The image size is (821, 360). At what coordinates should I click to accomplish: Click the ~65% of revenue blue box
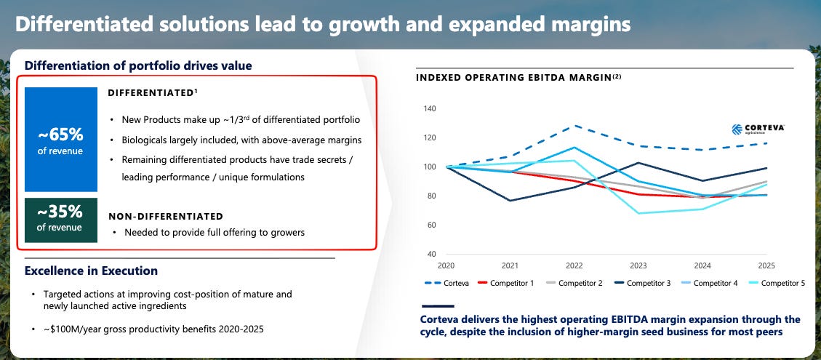tap(61, 140)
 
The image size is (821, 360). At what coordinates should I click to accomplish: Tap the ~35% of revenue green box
tap(61, 220)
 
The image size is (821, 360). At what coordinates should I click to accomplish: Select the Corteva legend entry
tap(446, 283)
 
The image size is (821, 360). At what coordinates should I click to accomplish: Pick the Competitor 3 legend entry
tap(641, 283)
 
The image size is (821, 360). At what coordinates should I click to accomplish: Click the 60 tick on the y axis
tap(431, 225)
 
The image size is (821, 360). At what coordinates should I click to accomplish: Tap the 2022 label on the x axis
tap(574, 265)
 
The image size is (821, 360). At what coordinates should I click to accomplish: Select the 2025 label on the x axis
tap(766, 265)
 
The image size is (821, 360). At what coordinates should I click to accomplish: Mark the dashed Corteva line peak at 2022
tap(574, 126)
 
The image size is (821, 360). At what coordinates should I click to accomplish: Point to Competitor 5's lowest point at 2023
tap(638, 213)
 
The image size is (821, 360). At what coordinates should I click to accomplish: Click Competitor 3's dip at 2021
tap(510, 201)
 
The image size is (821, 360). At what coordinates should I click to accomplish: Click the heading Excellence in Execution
tap(91, 271)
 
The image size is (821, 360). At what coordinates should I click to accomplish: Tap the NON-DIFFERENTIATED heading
tap(166, 217)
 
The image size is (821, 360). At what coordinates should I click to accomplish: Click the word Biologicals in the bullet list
tap(144, 140)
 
